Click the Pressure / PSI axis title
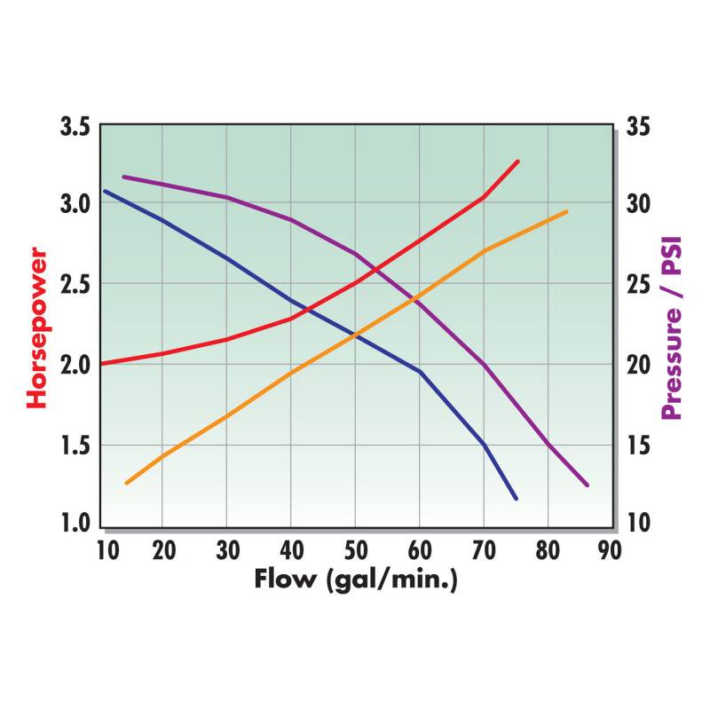[672, 327]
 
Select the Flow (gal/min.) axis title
[355, 580]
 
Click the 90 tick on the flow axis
[610, 550]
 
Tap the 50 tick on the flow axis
[356, 550]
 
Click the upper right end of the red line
[517, 162]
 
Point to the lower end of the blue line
[516, 499]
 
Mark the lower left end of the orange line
[127, 483]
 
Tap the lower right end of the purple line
[587, 485]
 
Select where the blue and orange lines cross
[355, 335]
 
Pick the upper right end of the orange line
[566, 211]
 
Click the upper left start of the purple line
[123, 177]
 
